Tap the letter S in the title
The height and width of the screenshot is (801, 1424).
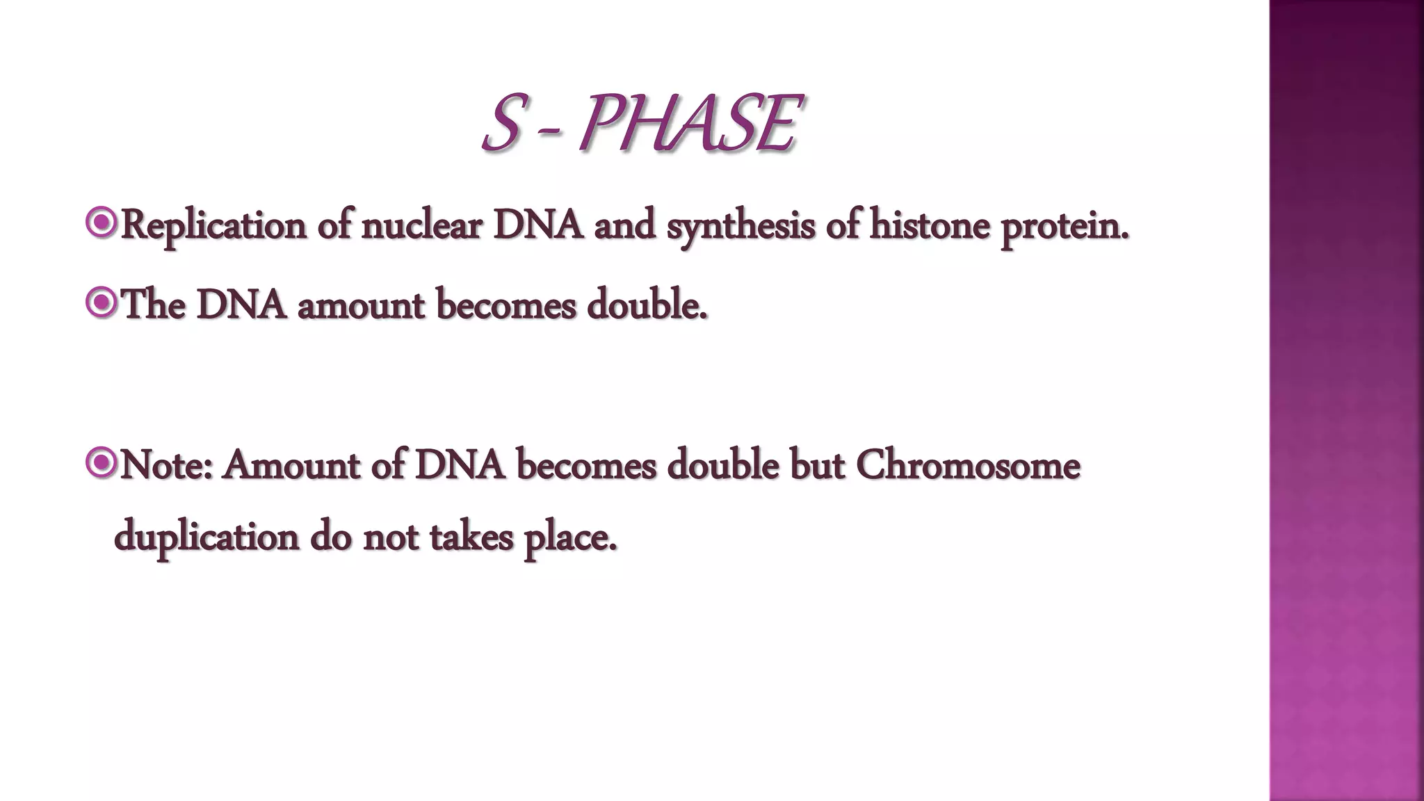(x=501, y=124)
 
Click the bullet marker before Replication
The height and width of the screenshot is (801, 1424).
(x=102, y=223)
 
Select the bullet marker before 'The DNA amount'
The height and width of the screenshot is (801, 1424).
(x=102, y=303)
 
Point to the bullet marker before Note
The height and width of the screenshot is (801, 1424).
(x=102, y=463)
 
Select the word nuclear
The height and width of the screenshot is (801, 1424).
(x=421, y=226)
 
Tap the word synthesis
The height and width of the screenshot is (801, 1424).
(x=741, y=226)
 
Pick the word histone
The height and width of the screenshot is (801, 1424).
(x=930, y=226)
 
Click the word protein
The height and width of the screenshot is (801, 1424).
(x=1065, y=226)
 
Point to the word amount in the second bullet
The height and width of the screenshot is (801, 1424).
(x=360, y=306)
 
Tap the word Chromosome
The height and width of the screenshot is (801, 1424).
(x=968, y=464)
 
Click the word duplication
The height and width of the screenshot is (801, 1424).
(x=207, y=537)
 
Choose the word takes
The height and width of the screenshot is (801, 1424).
(x=471, y=537)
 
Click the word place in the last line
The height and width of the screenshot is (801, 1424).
(x=569, y=537)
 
